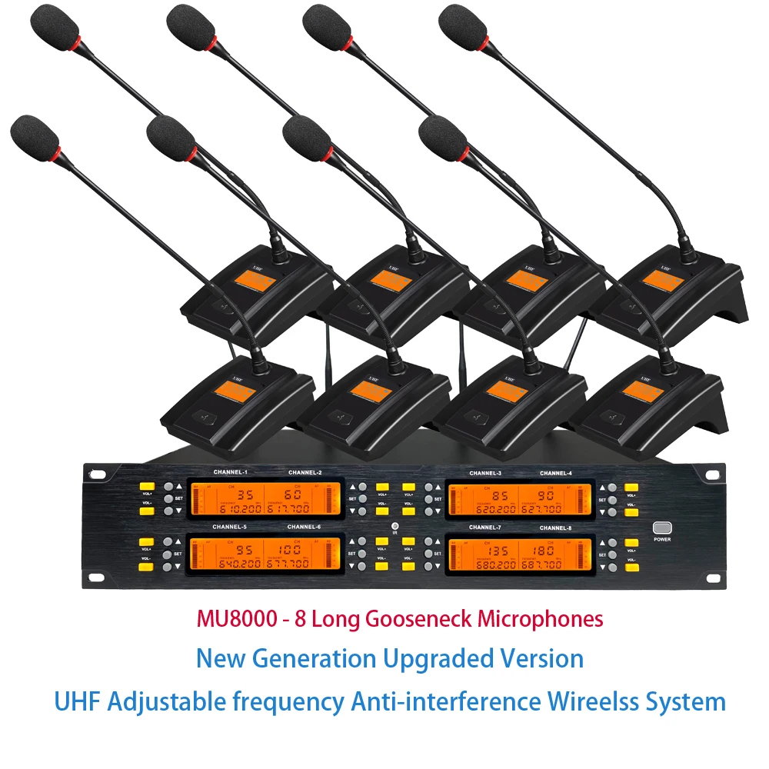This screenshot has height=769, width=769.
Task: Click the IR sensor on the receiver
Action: click(394, 528)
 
